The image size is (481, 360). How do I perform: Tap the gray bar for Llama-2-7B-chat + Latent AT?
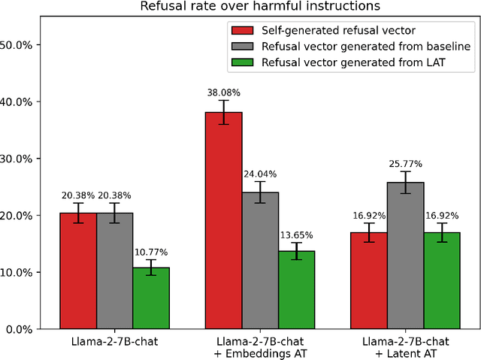click(406, 256)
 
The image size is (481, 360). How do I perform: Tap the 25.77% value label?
click(406, 164)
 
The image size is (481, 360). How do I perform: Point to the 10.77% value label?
click(151, 253)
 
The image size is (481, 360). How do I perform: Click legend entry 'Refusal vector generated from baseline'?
click(349, 47)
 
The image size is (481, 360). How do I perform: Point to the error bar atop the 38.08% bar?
click(224, 112)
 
